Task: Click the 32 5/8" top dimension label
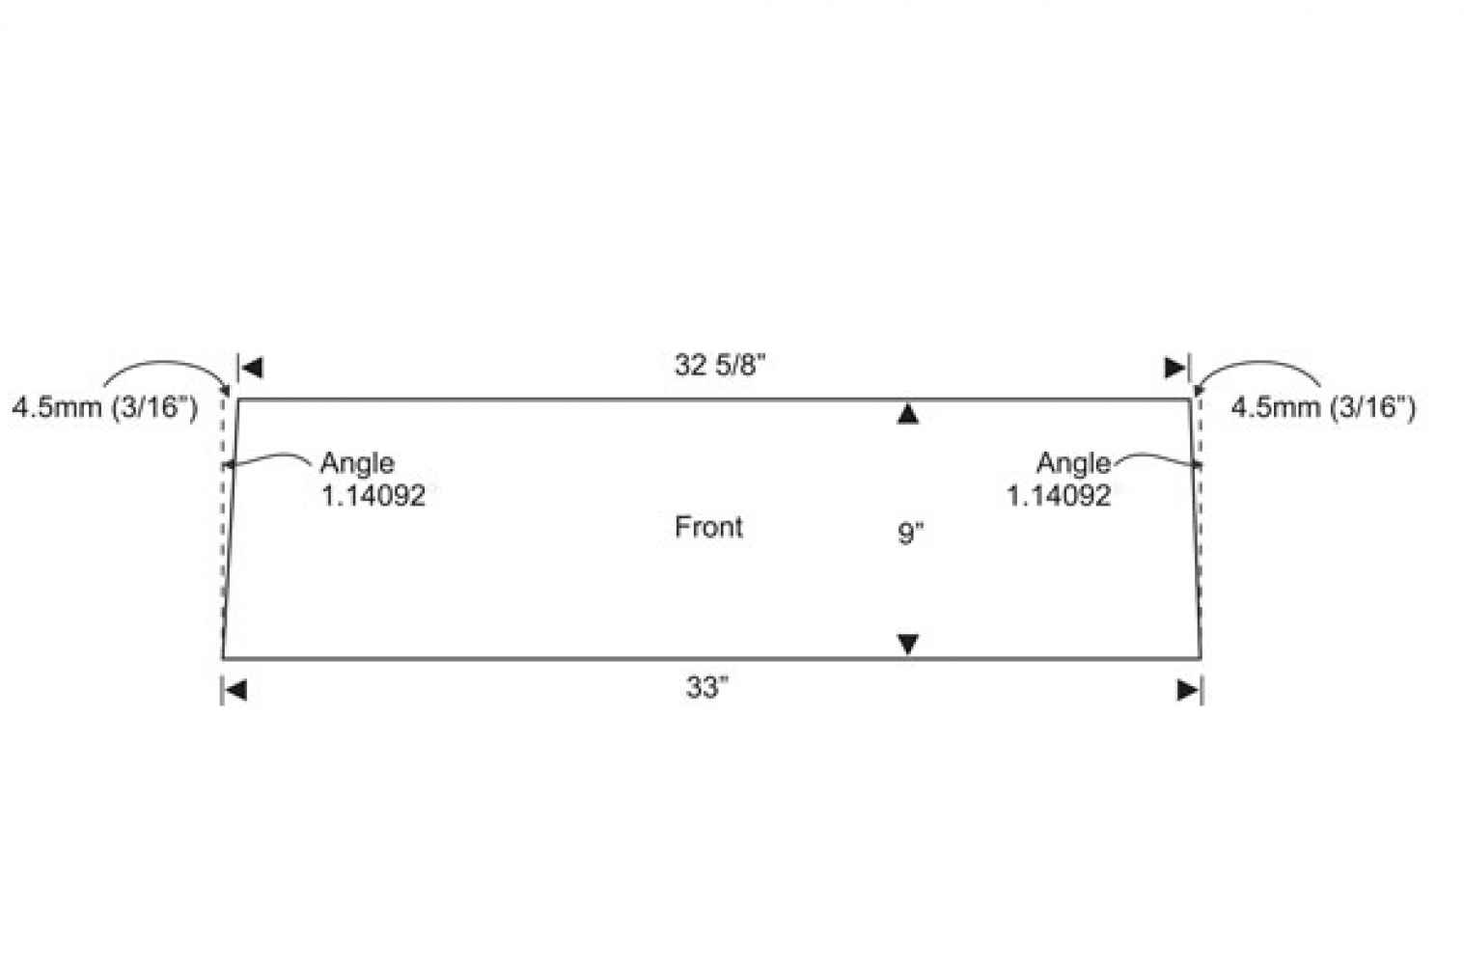click(720, 365)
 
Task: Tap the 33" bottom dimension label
click(707, 687)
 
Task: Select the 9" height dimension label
click(910, 533)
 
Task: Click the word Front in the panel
click(708, 527)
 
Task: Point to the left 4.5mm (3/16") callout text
click(104, 407)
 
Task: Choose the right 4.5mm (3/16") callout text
click(1323, 407)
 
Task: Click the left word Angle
click(357, 464)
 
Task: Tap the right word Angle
click(1074, 464)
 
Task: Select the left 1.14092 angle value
click(373, 496)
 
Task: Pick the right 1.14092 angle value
click(1059, 496)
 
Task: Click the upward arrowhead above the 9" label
click(908, 414)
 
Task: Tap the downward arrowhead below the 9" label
click(908, 644)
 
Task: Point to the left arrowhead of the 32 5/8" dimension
click(252, 368)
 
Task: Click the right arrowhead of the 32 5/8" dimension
click(1175, 368)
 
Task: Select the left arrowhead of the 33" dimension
click(235, 690)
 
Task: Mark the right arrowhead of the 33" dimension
click(1188, 690)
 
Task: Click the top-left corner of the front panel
click(238, 399)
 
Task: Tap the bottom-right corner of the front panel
click(1201, 658)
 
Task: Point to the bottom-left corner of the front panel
click(223, 658)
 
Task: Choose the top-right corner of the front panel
click(1190, 399)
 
